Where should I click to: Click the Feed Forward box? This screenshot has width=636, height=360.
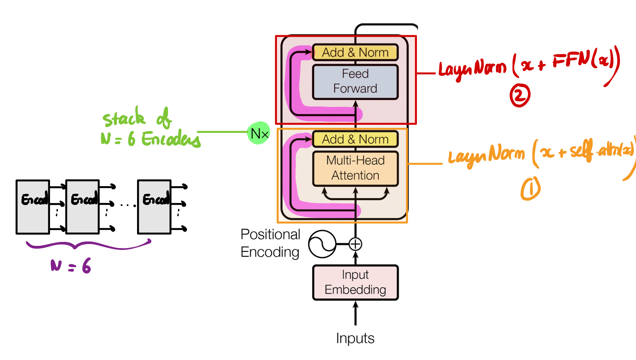[x=355, y=81]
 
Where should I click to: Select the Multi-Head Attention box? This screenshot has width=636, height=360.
[x=355, y=168]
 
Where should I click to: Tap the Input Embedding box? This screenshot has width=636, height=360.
[x=355, y=282]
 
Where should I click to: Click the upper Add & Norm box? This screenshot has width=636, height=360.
[x=355, y=53]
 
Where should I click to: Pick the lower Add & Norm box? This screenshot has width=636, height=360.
[x=355, y=139]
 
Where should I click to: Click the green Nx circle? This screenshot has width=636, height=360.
[x=259, y=133]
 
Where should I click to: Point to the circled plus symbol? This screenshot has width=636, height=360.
[x=355, y=244]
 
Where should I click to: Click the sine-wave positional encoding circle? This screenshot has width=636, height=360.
[x=322, y=244]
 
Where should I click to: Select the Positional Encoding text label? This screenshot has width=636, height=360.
[x=270, y=243]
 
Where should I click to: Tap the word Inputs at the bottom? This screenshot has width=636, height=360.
[x=355, y=338]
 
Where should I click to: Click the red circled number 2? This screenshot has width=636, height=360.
[x=520, y=95]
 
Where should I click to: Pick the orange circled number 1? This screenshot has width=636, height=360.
[x=530, y=188]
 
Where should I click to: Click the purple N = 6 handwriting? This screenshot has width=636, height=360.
[x=71, y=266]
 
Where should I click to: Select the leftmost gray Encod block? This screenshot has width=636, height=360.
[x=33, y=207]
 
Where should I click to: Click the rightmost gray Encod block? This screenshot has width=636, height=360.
[x=154, y=207]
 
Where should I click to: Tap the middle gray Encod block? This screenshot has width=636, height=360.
[x=82, y=207]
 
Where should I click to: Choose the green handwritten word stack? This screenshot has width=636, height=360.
[x=124, y=118]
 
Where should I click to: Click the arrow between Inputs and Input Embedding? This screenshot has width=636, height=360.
[x=355, y=313]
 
